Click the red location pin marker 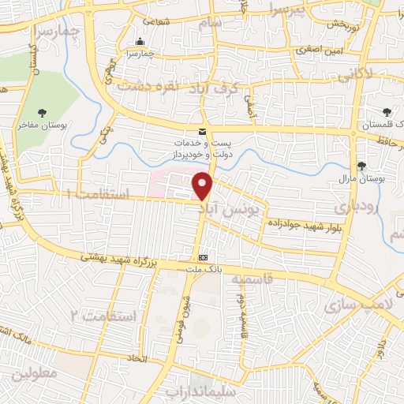coord(204,185)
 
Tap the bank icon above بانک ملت coord(204,258)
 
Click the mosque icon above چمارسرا coord(140,42)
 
